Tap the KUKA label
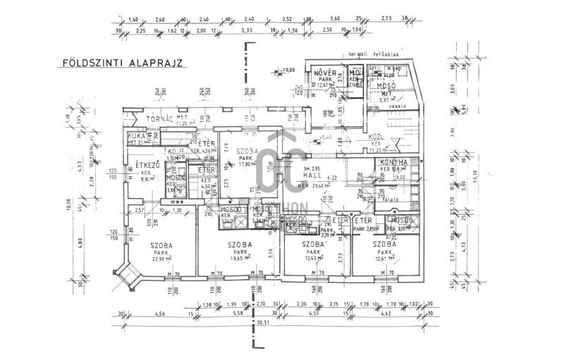[x=136, y=135]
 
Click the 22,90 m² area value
[x=162, y=259]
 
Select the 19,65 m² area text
[x=240, y=259]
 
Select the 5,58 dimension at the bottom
[x=238, y=313]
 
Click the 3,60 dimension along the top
[x=335, y=19]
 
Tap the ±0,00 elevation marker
[x=288, y=70]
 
